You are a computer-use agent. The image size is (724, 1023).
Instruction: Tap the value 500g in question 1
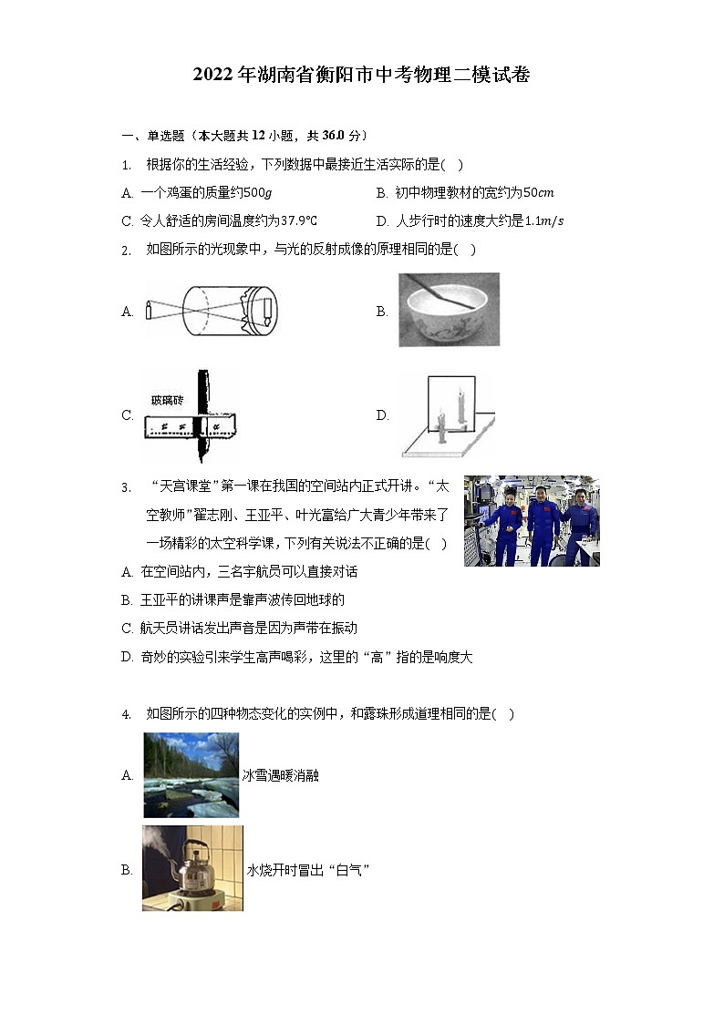tap(259, 192)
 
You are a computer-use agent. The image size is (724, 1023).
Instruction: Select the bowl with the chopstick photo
tap(449, 310)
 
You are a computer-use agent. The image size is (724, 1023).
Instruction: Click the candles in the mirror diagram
tap(451, 415)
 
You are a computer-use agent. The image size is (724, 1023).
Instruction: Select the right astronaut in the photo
tap(581, 523)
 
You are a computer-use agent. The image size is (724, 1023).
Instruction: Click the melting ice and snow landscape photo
tap(191, 774)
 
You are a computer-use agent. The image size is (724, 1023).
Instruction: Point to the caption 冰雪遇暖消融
tap(281, 775)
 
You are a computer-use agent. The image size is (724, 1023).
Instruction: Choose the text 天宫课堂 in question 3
tap(185, 486)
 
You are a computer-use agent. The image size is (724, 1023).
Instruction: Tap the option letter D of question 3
tap(127, 657)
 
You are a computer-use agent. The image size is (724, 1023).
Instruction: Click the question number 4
tap(126, 714)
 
